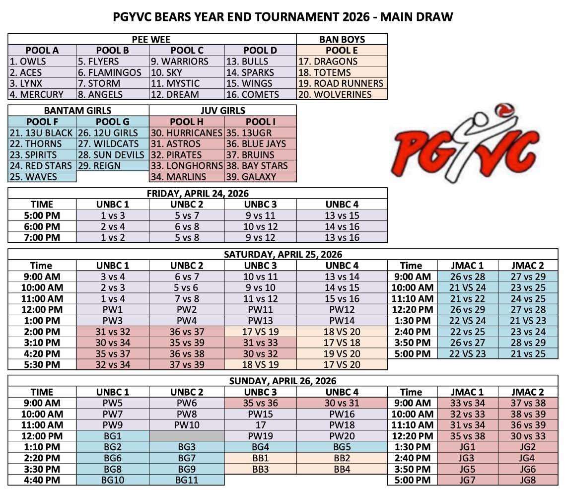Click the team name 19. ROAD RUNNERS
(x=341, y=83)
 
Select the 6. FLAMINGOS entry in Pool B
(x=110, y=72)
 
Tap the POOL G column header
(x=113, y=122)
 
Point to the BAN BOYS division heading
(x=342, y=39)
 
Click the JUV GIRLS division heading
(x=222, y=111)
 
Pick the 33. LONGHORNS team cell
(x=187, y=166)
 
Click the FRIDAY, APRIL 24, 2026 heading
(x=198, y=193)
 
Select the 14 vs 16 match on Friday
(x=342, y=226)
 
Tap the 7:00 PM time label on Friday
(x=42, y=237)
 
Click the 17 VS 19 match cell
(x=260, y=331)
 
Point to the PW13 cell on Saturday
(x=260, y=320)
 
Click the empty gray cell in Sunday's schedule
(x=187, y=435)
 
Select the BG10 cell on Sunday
(x=113, y=480)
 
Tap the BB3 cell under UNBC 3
(x=260, y=469)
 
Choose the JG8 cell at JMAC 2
(x=528, y=480)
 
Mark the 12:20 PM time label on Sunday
(x=412, y=435)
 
